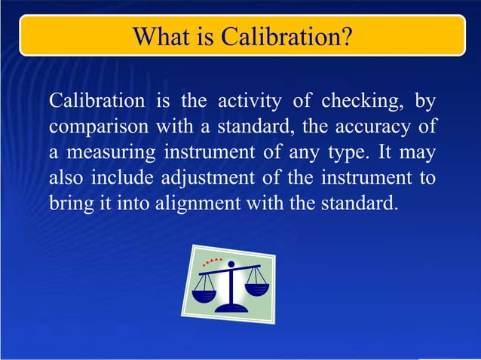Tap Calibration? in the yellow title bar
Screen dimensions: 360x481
coord(286,35)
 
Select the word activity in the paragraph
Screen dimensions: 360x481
coord(250,101)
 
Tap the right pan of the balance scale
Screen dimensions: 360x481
coord(257,288)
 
